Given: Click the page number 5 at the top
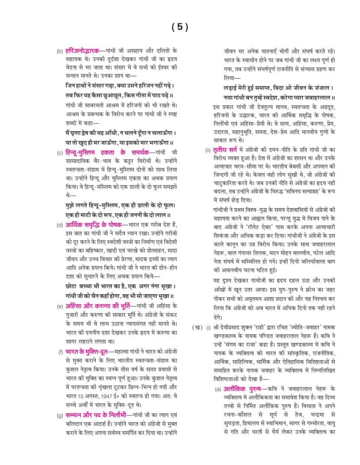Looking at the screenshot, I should click(x=180, y=27).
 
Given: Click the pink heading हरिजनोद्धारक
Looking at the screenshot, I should click(x=83, y=51).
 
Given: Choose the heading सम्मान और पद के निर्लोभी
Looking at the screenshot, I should click(x=94, y=415).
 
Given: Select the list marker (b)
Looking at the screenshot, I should click(x=59, y=52).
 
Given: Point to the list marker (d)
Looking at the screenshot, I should click(x=59, y=225).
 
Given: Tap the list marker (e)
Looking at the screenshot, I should click(x=59, y=306).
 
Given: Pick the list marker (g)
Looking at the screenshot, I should click(x=59, y=415).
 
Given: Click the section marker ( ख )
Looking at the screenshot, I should click(x=197, y=328).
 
